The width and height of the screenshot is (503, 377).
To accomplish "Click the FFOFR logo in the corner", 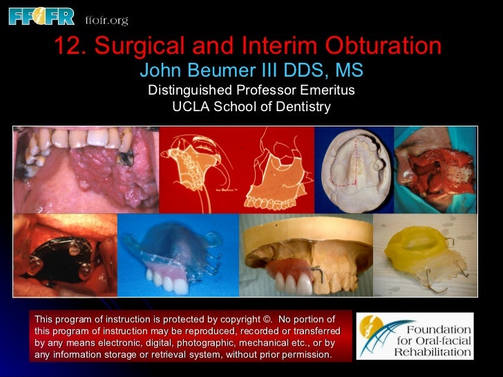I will [x=41, y=15].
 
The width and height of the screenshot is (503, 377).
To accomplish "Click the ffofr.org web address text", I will [x=106, y=20].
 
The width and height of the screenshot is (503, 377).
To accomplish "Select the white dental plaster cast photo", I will [x=353, y=169].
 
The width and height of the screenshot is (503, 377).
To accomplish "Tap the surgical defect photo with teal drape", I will [x=435, y=169].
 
